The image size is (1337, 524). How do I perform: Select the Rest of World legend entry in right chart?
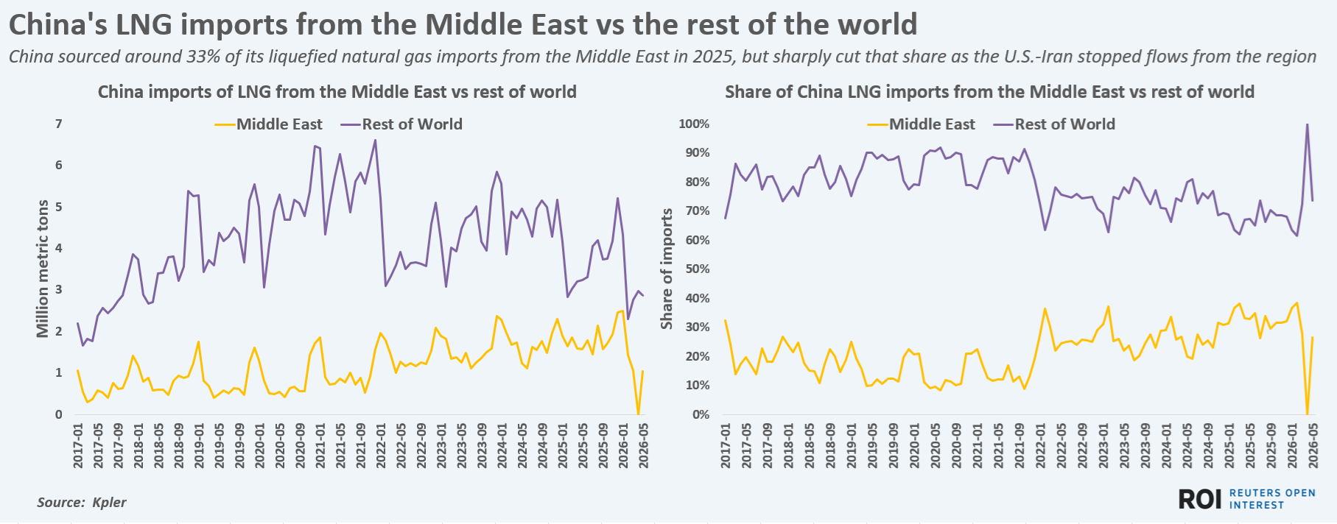1054,124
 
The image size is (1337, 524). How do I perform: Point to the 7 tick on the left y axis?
59,124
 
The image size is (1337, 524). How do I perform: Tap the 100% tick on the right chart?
694,124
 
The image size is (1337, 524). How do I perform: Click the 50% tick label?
696,269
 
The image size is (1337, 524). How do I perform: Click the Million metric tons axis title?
43,269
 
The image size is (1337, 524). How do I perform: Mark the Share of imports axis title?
667,269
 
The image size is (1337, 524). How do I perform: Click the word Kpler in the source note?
109,503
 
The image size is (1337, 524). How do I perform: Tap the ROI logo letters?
1200,499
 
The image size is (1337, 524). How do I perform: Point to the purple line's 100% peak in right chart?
1307,124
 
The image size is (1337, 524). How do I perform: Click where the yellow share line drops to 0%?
1307,414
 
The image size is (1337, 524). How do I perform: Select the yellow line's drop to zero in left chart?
638,414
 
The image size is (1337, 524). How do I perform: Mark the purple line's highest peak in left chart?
375,141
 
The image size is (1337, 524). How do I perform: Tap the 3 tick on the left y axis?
59,290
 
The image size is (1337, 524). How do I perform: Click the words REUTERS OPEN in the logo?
1272,493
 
